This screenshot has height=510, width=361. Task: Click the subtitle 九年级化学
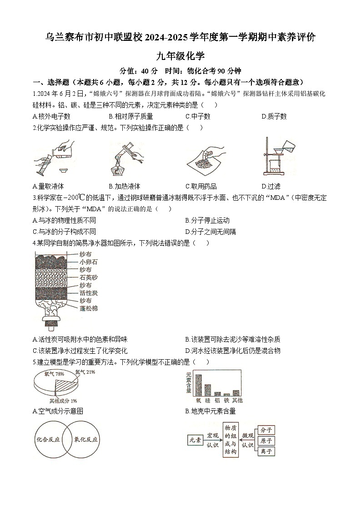(180, 56)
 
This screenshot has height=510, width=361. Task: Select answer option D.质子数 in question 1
(274, 117)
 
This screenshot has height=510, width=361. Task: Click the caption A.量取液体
(48, 186)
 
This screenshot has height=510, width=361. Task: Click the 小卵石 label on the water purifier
(88, 262)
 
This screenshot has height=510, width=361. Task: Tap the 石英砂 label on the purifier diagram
(88, 277)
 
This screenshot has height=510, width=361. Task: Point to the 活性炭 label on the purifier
(88, 293)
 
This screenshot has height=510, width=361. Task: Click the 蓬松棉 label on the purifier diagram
(88, 308)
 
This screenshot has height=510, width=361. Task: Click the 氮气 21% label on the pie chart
(85, 372)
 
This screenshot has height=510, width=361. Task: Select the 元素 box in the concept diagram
(196, 440)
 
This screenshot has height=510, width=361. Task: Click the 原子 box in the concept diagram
(266, 441)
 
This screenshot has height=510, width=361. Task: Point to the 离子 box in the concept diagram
(266, 451)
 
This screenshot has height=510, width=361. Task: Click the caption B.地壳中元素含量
(211, 411)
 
